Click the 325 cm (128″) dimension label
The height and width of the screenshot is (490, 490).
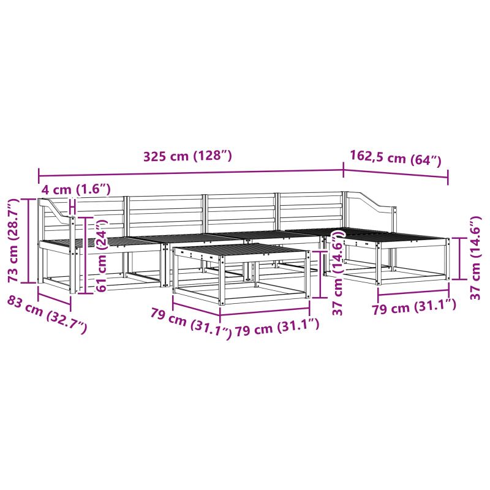(187, 156)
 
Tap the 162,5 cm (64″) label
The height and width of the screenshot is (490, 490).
(395, 159)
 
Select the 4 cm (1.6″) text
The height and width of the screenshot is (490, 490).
(76, 189)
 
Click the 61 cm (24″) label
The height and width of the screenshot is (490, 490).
(102, 255)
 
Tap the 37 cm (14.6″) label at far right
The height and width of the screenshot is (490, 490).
(475, 258)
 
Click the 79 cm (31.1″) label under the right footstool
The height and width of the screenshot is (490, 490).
(414, 307)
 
